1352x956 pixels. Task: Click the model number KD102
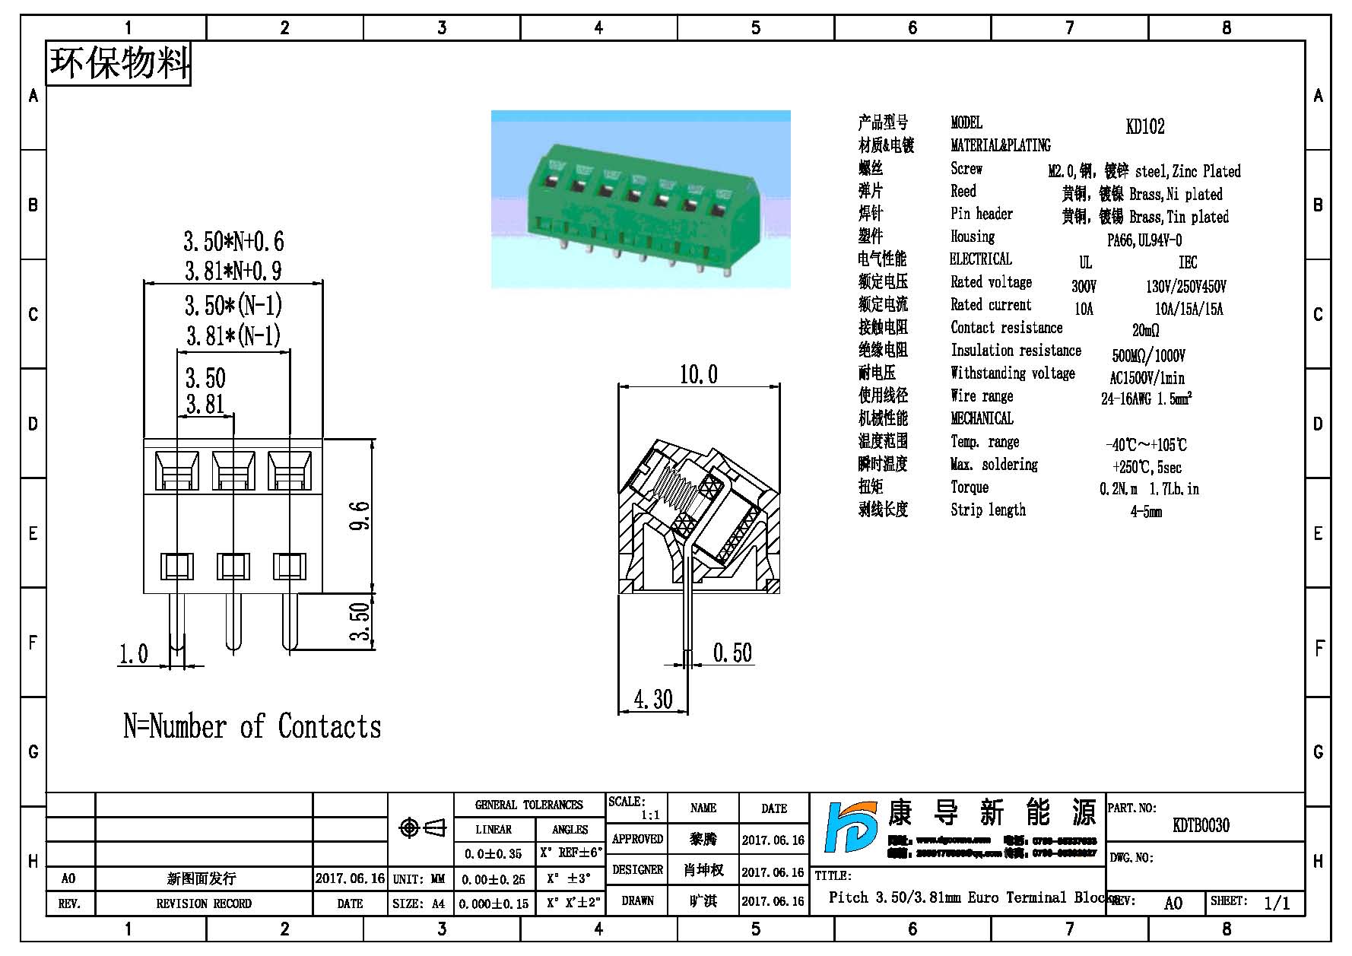[1144, 126]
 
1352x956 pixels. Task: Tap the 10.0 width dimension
[698, 374]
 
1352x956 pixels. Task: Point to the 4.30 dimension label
[652, 699]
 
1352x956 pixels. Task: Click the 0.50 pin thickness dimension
[732, 653]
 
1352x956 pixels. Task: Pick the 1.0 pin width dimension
[133, 654]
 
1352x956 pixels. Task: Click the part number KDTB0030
[1201, 825]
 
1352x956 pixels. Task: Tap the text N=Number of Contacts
[252, 726]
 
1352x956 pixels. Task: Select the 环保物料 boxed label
[119, 63]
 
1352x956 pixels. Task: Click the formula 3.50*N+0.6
[233, 242]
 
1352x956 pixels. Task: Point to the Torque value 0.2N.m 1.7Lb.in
[1148, 489]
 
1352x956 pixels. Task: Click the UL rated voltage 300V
[1084, 287]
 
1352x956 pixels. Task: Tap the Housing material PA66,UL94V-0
[1144, 240]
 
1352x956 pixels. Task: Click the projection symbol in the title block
[422, 827]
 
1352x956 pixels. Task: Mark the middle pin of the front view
[233, 621]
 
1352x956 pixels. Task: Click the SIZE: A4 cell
[419, 904]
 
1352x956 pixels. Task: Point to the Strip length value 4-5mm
[1145, 512]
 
